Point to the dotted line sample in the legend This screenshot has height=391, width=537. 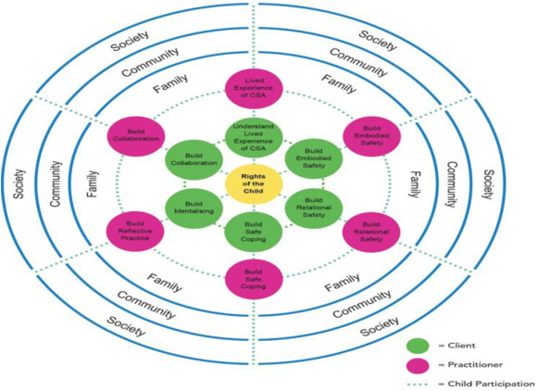tap(421, 382)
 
